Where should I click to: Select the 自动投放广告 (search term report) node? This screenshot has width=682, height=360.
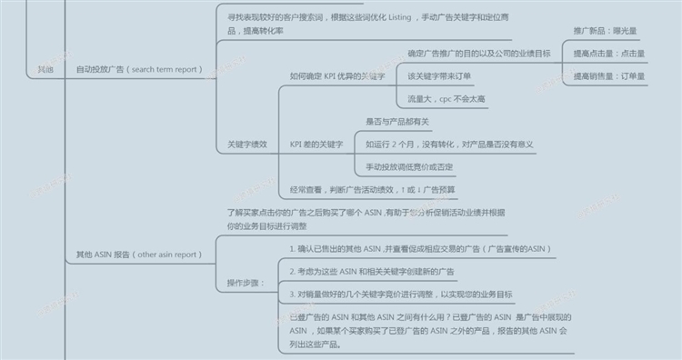[x=139, y=68]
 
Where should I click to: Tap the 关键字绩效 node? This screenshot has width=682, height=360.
[x=246, y=145]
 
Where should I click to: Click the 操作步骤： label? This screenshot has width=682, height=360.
[x=246, y=283]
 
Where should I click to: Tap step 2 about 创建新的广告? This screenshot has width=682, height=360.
[x=373, y=271]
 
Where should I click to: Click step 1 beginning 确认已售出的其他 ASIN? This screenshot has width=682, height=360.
[x=420, y=248]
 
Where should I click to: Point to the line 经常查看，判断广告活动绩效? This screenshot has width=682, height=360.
[x=373, y=190]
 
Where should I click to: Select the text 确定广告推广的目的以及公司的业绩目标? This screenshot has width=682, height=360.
[x=478, y=53]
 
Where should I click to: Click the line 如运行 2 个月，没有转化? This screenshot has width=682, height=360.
[x=448, y=145]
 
